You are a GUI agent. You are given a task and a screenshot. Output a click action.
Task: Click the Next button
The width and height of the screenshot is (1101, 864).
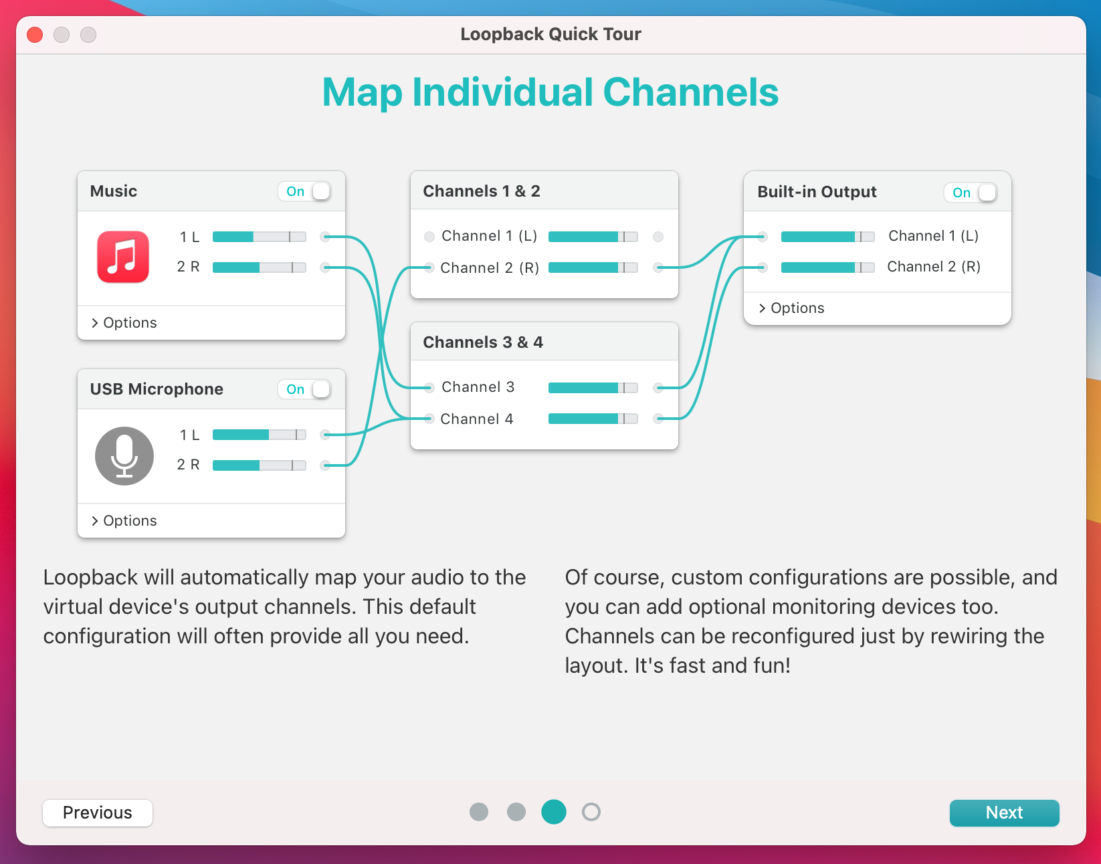[x=1004, y=813]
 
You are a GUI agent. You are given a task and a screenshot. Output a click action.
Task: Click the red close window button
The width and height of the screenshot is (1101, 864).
[x=35, y=34]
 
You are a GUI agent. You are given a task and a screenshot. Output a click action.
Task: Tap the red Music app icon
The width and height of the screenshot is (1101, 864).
[x=123, y=257]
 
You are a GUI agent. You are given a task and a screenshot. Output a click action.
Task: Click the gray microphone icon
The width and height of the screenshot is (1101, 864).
[x=124, y=456]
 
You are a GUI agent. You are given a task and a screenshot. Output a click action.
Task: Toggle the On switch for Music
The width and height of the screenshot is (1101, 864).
[x=304, y=191]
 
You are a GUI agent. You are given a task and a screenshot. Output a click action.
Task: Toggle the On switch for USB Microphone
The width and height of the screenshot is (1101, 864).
[x=304, y=389]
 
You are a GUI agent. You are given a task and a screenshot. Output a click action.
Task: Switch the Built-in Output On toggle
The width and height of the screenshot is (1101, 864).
[x=971, y=193]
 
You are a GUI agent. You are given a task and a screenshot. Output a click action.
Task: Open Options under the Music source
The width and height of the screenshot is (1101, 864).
[x=124, y=322]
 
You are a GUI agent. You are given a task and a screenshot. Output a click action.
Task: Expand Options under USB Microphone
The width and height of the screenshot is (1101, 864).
[x=124, y=521]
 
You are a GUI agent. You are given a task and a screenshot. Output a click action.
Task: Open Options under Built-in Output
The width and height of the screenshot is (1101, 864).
[x=791, y=308]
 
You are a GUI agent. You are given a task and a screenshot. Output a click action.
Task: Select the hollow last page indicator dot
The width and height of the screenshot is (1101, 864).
[x=591, y=812]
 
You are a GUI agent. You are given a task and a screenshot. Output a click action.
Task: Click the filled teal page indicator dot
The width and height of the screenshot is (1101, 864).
[x=553, y=812]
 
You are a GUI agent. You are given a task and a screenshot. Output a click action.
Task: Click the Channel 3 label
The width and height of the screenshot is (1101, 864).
[x=478, y=387]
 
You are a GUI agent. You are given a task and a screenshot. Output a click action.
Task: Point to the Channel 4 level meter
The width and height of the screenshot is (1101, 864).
[x=593, y=419]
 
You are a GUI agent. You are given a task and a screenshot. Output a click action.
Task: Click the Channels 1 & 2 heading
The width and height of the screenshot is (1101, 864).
[x=482, y=191]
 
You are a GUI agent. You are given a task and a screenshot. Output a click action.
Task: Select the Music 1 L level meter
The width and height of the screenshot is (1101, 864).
[x=260, y=237]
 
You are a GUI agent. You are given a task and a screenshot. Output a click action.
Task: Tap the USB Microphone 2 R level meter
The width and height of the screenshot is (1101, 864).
[x=260, y=465]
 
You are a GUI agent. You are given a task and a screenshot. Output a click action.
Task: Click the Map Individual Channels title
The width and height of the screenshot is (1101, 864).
[x=550, y=92]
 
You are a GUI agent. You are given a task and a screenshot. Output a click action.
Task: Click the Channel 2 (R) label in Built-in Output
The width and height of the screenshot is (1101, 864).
[x=933, y=266]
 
